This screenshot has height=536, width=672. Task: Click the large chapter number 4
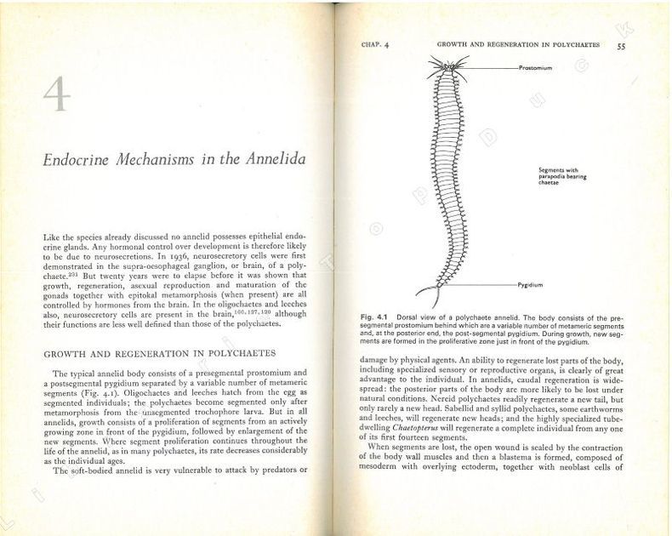click(x=57, y=94)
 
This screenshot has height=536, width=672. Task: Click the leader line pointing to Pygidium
click(x=481, y=283)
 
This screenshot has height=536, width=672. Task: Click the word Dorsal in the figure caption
click(x=412, y=316)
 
